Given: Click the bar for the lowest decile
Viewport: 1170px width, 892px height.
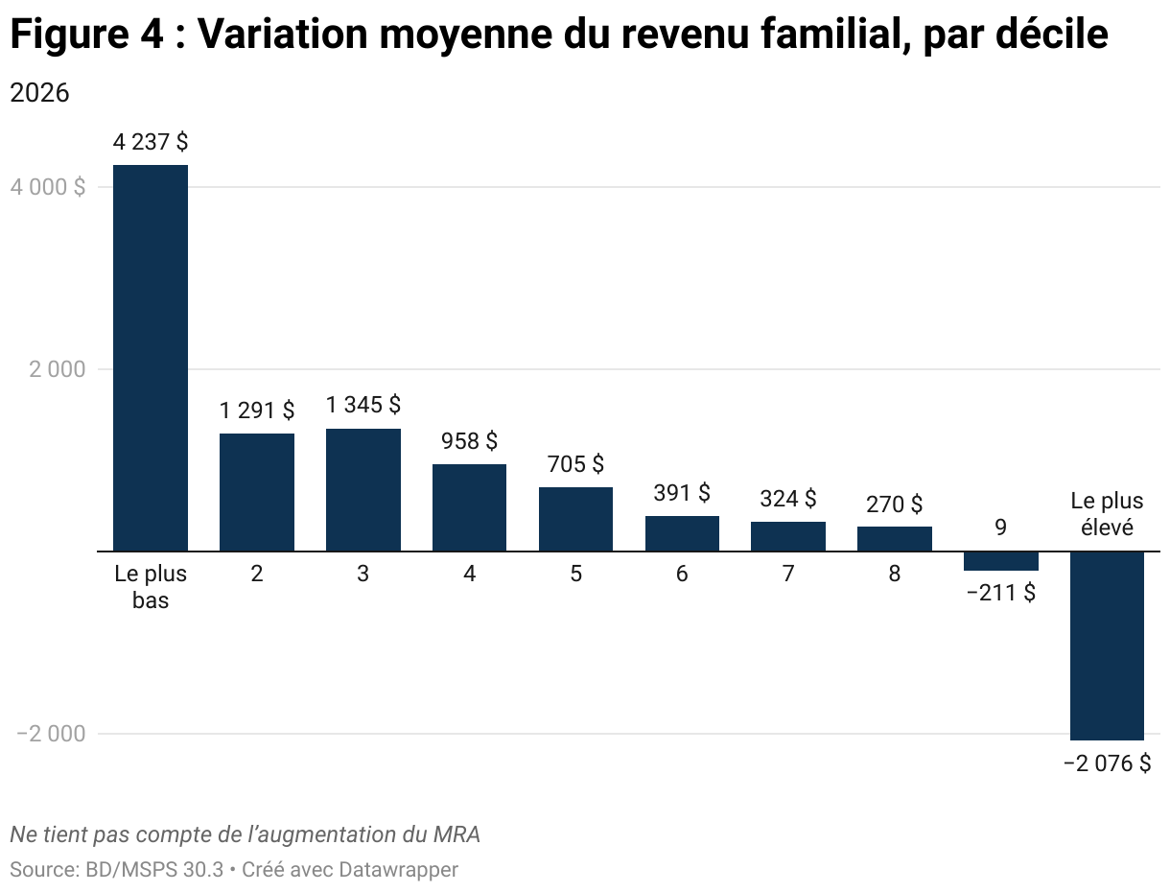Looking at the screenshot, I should (x=151, y=358).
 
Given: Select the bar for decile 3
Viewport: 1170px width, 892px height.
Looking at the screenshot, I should (x=363, y=489).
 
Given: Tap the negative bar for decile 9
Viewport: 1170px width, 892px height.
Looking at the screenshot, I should (x=1000, y=561).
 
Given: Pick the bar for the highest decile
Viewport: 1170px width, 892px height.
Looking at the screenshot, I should (x=1107, y=646).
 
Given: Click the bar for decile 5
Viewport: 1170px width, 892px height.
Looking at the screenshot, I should (x=575, y=519).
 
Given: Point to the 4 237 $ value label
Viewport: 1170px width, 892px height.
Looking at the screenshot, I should (x=151, y=142).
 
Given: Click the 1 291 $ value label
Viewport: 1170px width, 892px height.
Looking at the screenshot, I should (x=257, y=411).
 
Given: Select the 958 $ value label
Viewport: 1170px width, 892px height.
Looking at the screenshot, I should (x=469, y=441).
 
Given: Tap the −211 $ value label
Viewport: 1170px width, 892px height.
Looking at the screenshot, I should (x=1000, y=593).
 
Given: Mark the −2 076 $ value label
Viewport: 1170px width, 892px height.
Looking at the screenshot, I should (x=1107, y=763).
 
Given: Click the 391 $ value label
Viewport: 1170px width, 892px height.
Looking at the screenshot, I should (x=682, y=493).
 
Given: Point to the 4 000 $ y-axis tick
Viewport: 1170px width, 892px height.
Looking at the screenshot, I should (x=48, y=187).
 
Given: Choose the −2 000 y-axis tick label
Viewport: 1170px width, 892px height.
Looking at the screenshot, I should (x=51, y=734).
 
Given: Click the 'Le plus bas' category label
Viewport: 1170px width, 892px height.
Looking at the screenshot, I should (x=151, y=587).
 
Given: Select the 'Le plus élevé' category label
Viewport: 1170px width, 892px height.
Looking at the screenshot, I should (x=1107, y=513).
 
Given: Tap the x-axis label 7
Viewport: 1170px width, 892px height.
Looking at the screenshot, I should (x=788, y=575).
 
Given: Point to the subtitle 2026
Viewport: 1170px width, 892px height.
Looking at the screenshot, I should (x=39, y=93).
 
